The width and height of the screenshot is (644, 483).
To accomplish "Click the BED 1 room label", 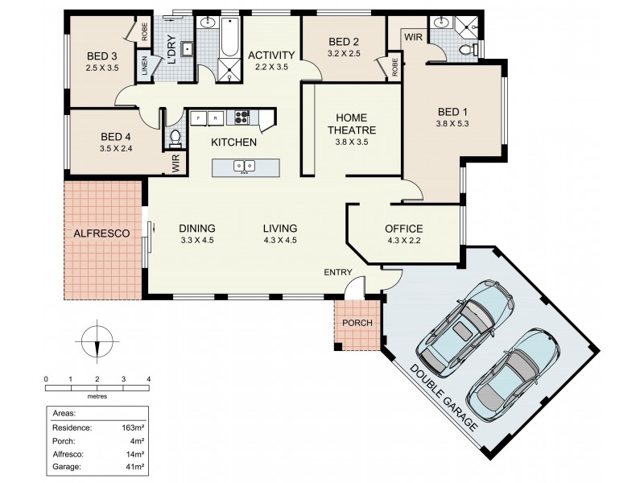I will [452, 112].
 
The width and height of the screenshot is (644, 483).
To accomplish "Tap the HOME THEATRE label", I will [351, 123].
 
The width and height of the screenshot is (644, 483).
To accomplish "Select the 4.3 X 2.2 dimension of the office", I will [403, 240].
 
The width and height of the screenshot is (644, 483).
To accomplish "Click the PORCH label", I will [357, 324].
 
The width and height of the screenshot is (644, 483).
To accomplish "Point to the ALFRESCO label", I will [102, 233].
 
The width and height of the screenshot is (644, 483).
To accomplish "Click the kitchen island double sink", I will [245, 167].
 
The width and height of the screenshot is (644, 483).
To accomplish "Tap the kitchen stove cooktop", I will [242, 118].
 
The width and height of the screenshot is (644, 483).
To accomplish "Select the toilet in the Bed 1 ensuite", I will [464, 51].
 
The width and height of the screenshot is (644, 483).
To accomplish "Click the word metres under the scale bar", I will [97, 396].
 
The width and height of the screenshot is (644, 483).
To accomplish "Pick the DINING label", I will [196, 228].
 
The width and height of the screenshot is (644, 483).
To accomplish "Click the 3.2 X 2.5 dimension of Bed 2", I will [344, 54].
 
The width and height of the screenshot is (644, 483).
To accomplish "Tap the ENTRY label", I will [338, 272].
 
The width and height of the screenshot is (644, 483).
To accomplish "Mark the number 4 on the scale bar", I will [148, 378].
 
